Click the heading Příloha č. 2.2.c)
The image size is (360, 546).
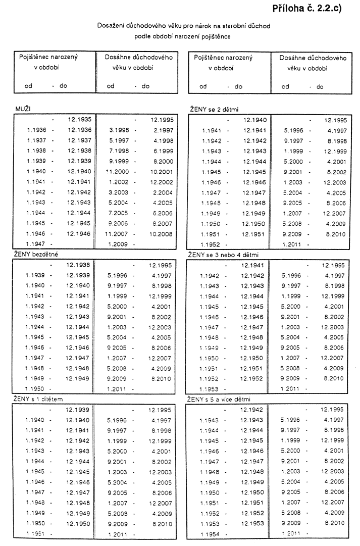click(306, 9)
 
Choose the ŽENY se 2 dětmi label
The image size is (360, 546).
click(213, 109)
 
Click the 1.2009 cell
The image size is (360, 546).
click(116, 245)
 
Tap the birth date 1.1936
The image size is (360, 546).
click(37, 130)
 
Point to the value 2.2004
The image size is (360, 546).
click(163, 192)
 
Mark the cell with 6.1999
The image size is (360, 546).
click(163, 151)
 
